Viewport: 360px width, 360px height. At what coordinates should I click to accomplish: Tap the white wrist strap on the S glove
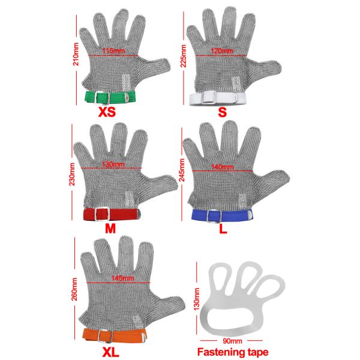[216, 96]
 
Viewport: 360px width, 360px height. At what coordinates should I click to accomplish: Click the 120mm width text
[222, 51]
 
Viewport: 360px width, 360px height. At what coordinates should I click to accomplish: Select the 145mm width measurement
[118, 279]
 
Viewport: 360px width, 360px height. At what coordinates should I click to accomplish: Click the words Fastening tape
[233, 352]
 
